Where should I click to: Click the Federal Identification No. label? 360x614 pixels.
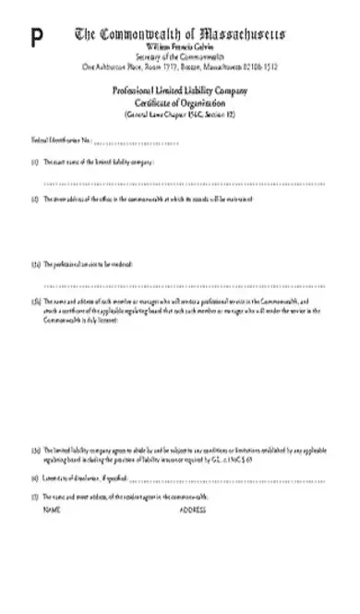[60, 140]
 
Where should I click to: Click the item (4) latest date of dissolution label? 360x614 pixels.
[83, 478]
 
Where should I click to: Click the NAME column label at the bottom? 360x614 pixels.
[52, 509]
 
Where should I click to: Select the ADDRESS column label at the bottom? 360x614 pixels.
[192, 509]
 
